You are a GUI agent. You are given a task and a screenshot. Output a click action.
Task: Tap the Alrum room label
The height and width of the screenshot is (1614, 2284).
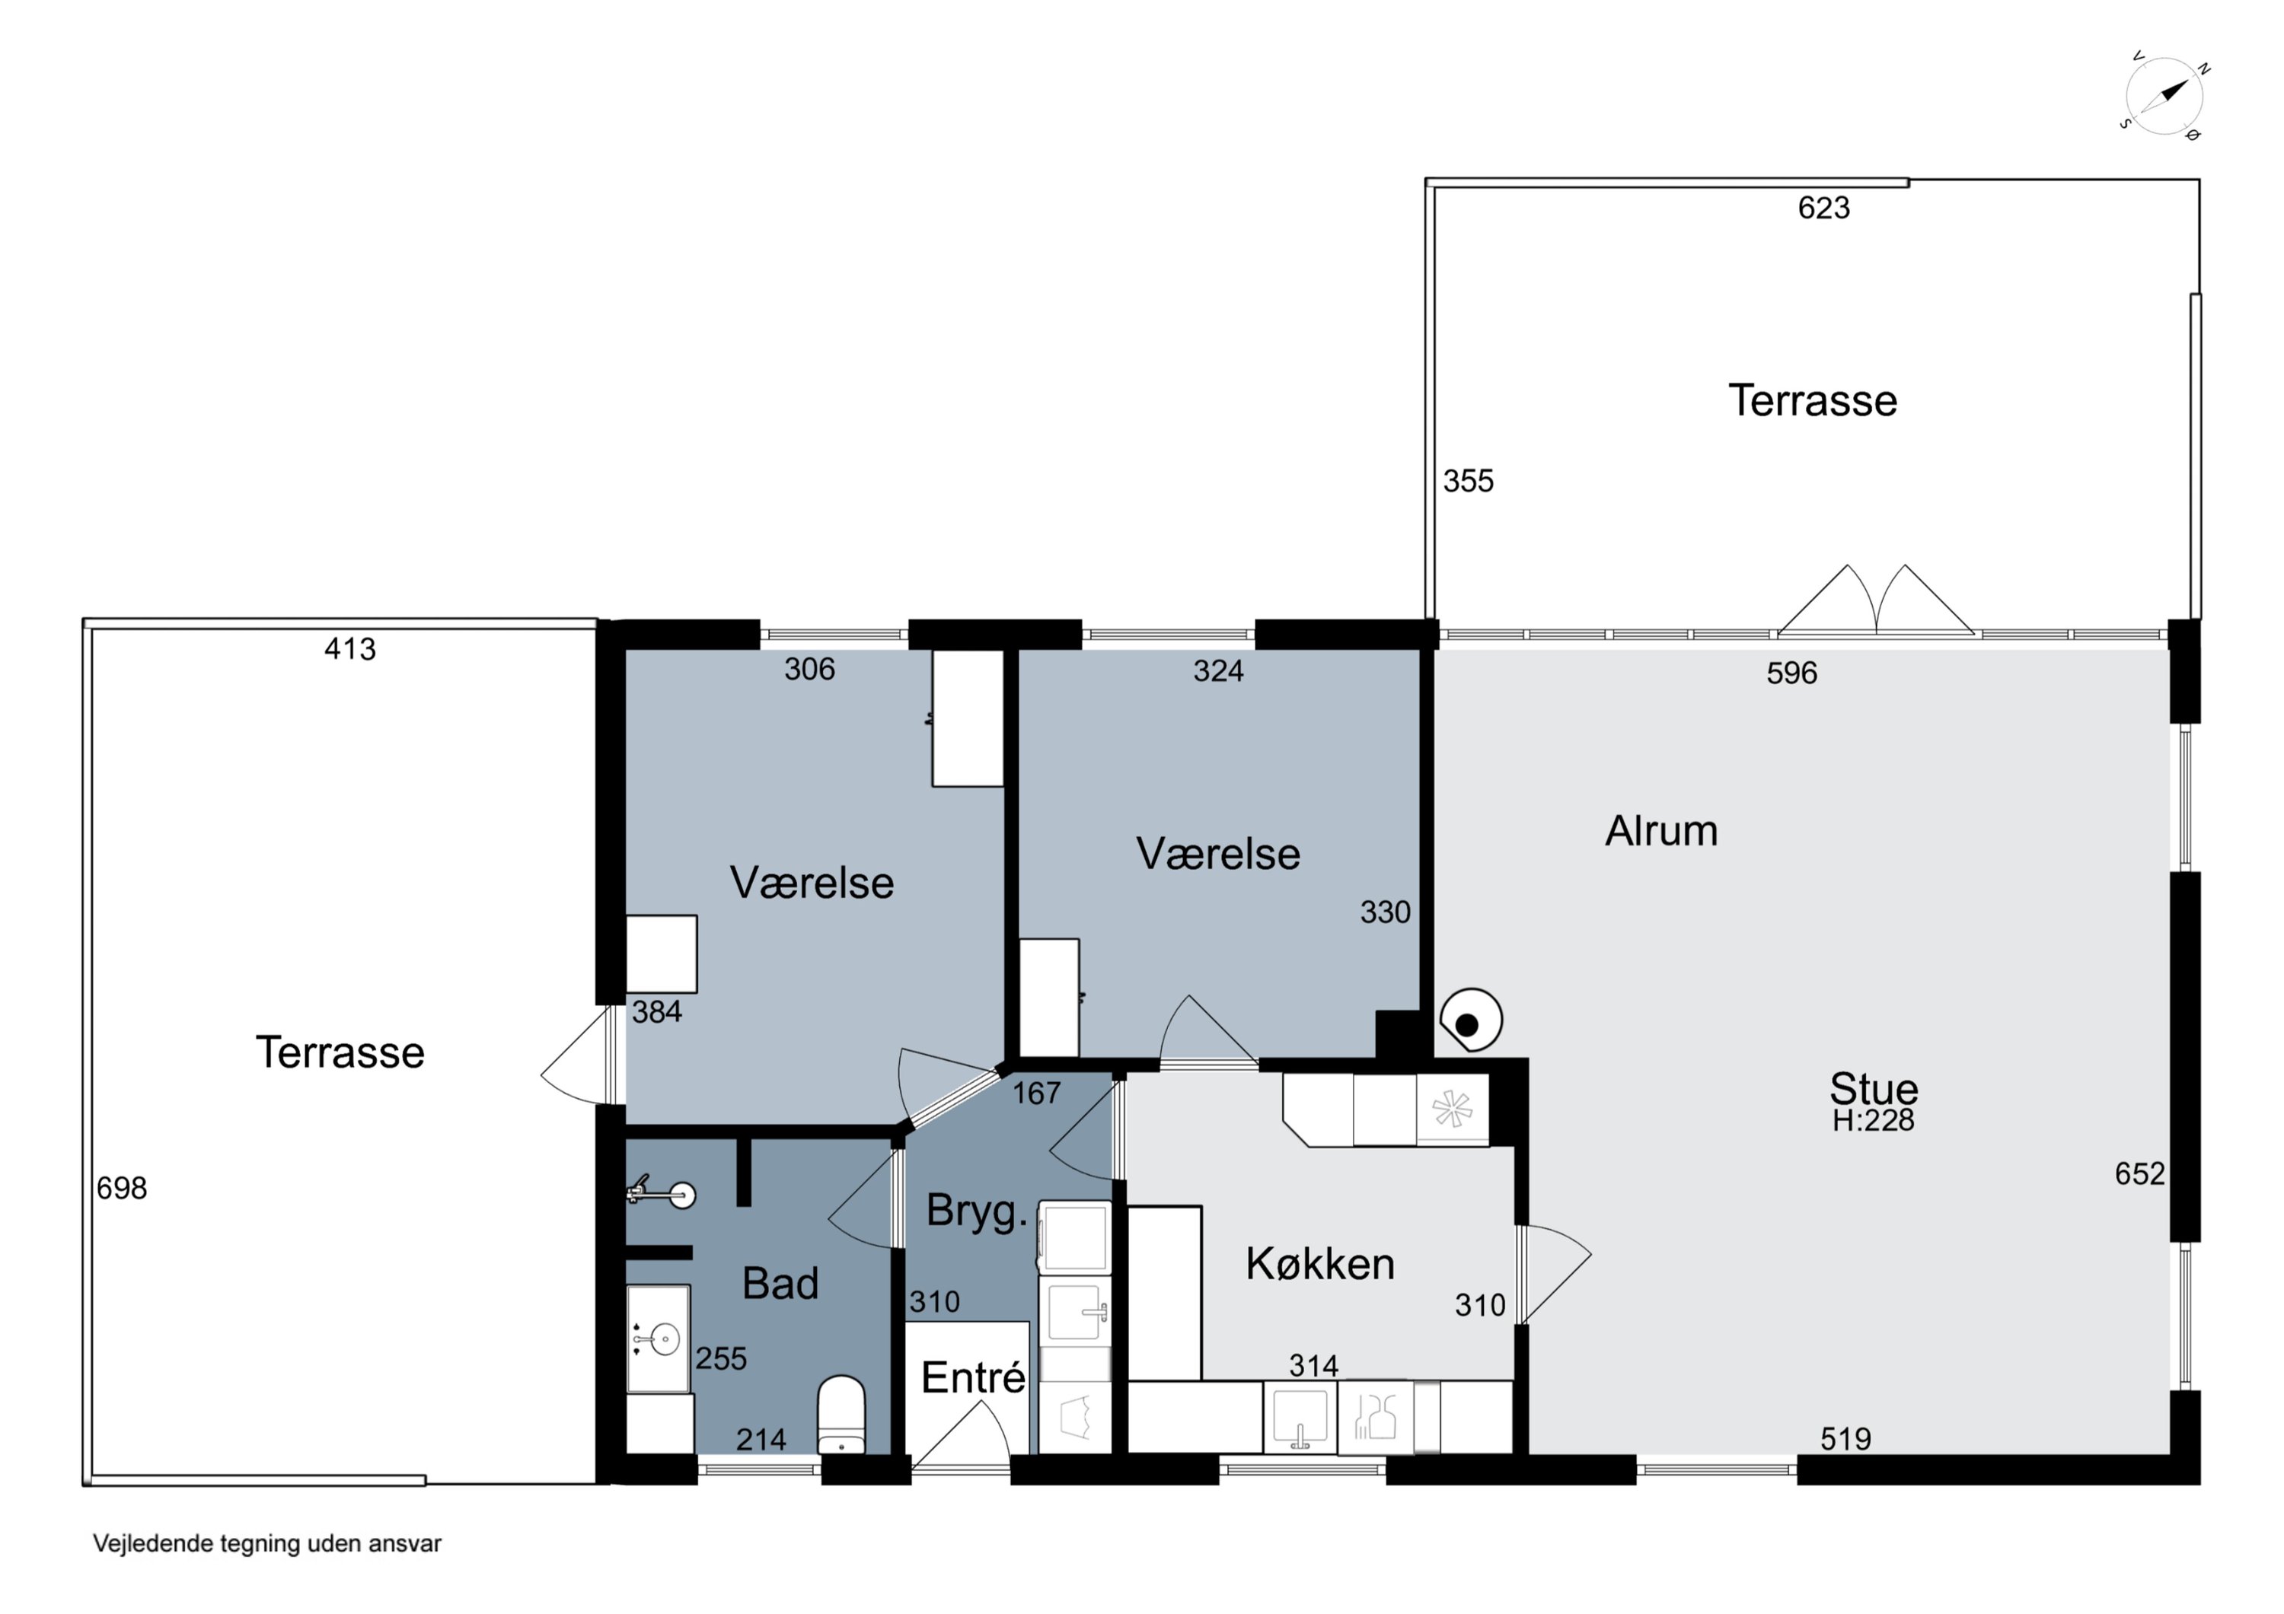click(x=1661, y=832)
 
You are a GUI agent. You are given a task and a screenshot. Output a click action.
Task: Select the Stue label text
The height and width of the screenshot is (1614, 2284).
click(x=1873, y=1088)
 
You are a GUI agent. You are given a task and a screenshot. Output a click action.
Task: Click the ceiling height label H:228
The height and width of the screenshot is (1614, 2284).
click(x=1873, y=1121)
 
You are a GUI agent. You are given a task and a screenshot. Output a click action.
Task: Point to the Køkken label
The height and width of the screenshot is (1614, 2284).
click(x=1320, y=1264)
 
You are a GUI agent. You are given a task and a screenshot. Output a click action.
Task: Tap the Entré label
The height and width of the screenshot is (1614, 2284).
click(x=973, y=1377)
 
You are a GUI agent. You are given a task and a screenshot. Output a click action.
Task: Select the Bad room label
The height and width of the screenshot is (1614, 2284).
click(x=780, y=1284)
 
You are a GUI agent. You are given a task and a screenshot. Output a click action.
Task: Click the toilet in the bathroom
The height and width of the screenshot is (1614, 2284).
click(x=841, y=1414)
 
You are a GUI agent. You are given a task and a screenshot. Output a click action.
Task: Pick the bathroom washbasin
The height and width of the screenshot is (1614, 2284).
click(x=658, y=1339)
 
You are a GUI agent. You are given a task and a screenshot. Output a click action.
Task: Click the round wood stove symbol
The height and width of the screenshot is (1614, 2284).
click(x=1470, y=1020)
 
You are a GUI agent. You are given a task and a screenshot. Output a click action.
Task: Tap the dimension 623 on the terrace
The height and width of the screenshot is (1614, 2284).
click(x=1823, y=208)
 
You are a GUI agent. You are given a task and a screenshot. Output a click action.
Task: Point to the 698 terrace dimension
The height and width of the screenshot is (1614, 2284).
click(x=121, y=1189)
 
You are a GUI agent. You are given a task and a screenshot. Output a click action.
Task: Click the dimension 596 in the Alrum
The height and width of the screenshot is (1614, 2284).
click(x=1791, y=673)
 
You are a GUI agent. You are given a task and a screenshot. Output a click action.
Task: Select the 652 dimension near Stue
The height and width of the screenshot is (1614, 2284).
click(x=2140, y=1173)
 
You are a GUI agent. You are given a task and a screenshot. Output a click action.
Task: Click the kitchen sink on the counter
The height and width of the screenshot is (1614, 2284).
click(x=1299, y=1417)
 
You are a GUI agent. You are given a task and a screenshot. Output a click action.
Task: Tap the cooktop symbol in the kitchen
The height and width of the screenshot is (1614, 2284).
click(x=1453, y=1109)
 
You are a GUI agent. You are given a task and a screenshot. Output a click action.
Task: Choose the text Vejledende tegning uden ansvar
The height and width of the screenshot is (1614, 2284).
click(x=266, y=1543)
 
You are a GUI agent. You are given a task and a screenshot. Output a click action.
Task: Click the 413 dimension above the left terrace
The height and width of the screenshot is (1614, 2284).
click(x=350, y=649)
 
